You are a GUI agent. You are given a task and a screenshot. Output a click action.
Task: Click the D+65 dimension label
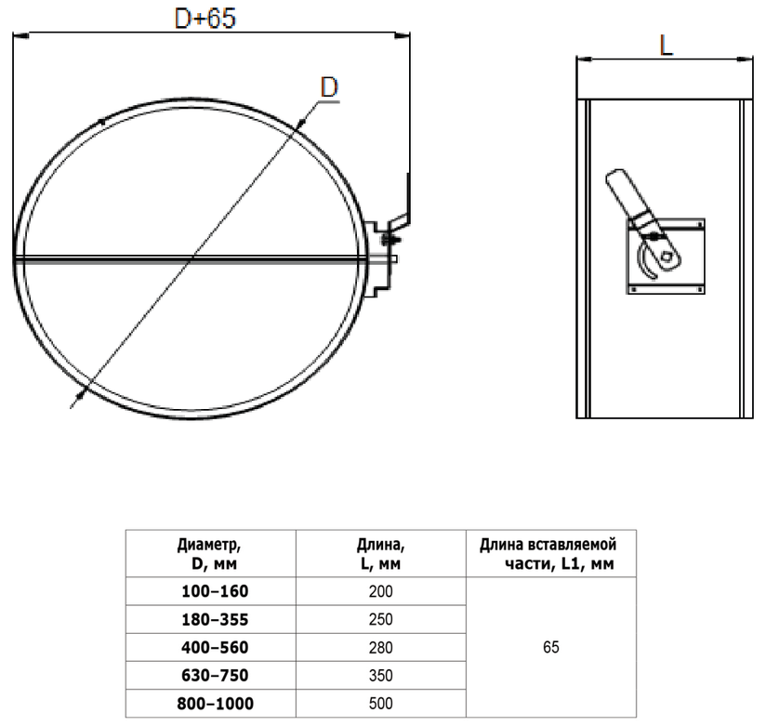tap(205, 19)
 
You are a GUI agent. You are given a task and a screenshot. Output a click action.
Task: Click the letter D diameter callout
tap(329, 87)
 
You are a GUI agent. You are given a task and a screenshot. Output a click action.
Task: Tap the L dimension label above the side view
tap(667, 46)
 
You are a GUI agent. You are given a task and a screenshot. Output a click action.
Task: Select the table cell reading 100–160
tap(215, 591)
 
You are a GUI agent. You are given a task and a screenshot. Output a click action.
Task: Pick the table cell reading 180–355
tap(215, 619)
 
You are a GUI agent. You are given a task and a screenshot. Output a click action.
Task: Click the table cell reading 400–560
tap(215, 647)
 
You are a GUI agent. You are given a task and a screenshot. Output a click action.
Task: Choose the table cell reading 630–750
tap(215, 675)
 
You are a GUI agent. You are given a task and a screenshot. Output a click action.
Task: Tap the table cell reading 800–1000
tap(215, 704)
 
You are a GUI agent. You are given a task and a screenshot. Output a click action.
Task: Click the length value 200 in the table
tap(380, 591)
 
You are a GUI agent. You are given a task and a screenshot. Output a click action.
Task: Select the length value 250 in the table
tap(380, 619)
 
